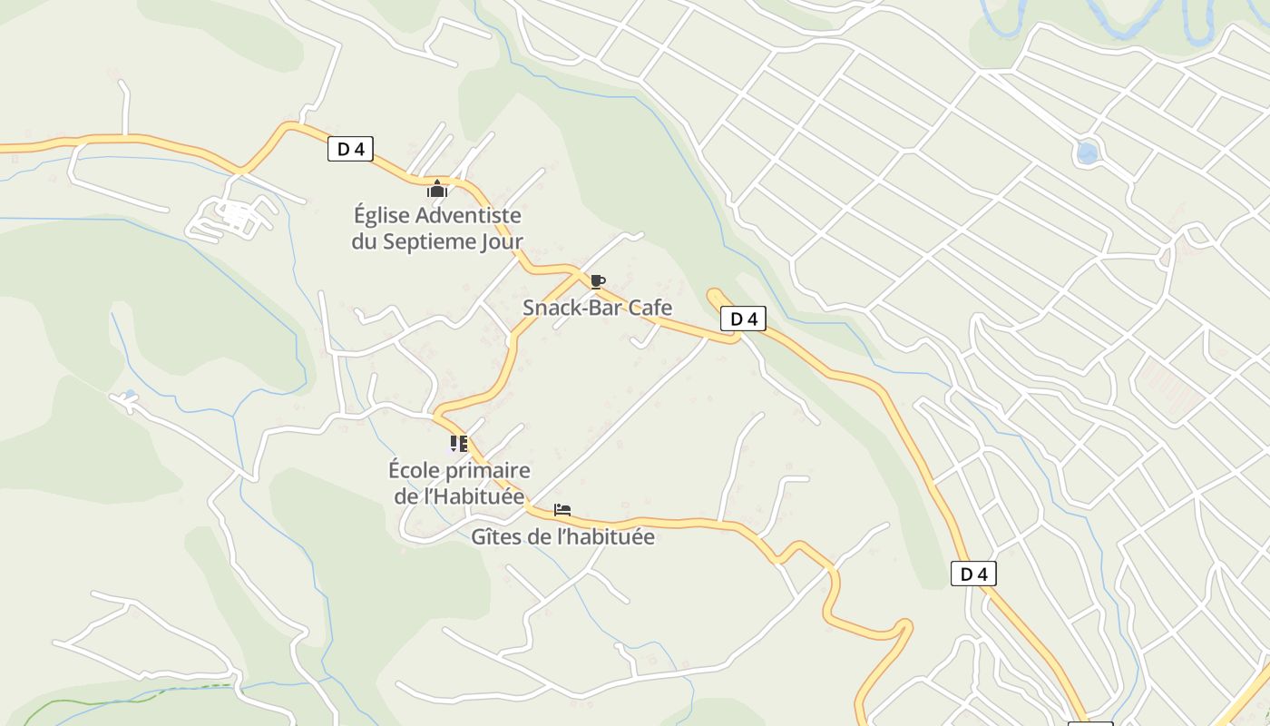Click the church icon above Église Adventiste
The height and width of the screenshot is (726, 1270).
pos(437,189)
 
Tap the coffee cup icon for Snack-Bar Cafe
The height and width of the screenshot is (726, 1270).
pos(597,282)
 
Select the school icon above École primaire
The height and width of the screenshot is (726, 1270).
pos(459,444)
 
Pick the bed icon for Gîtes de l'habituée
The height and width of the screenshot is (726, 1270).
pos(562,510)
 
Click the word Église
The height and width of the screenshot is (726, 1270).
pos(380,216)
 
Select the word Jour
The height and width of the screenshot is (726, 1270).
pos(503,241)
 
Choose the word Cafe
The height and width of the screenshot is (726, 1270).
pos(650,308)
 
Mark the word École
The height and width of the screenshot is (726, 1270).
pos(414,471)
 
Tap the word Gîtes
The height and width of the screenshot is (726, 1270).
pos(495,536)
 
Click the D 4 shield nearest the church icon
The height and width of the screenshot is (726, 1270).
pos(350,149)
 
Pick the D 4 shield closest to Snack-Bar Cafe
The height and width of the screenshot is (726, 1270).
pos(743,319)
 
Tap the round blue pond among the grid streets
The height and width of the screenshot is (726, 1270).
pos(1087,152)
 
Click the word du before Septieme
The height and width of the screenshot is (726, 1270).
pos(364,241)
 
